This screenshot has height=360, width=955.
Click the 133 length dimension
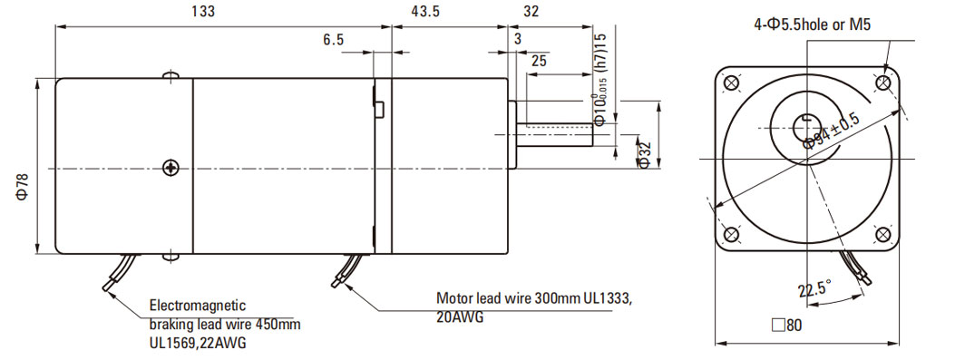tap(203, 12)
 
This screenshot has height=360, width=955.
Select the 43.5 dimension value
tap(425, 12)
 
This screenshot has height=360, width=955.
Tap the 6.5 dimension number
tap(333, 40)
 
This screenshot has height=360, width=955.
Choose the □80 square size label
tap(786, 326)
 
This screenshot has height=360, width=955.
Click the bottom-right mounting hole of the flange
tap(882, 234)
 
